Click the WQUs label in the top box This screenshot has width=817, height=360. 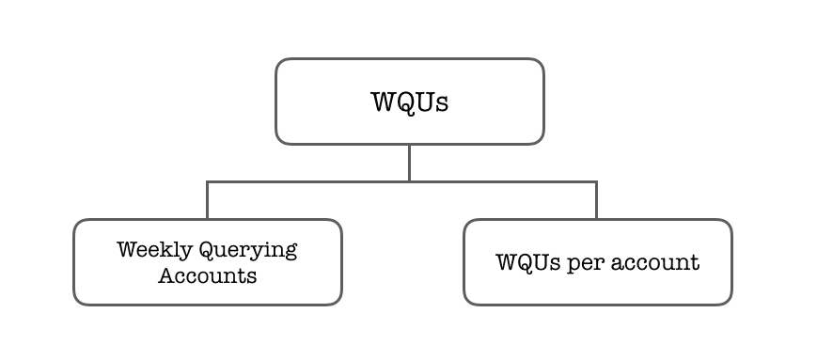coord(410,102)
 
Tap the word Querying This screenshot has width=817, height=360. coord(247,251)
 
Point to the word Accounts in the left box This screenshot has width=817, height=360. coord(207,276)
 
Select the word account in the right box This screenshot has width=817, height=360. coord(655,262)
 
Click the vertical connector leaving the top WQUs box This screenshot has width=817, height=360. coord(409,162)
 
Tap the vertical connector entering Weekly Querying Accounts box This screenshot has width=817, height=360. coord(207,200)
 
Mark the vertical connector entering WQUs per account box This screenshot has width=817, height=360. coord(596,200)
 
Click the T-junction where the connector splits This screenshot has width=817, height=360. coord(409,180)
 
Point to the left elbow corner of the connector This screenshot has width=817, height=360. coord(207,180)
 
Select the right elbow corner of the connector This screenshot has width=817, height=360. coord(596,180)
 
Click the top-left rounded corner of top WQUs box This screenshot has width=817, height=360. coord(280,64)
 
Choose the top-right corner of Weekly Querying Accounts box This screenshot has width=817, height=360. coord(337,225)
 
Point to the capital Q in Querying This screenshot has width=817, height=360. coord(206,250)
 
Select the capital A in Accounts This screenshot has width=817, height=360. coord(165,276)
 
